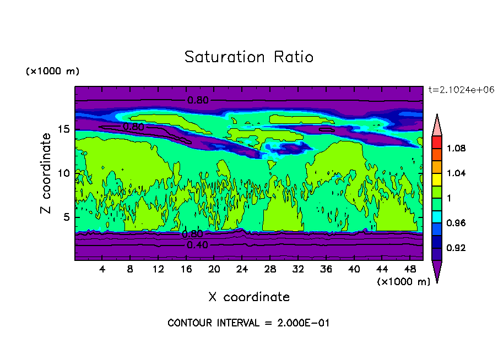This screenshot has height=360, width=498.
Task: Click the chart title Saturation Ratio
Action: point(249,57)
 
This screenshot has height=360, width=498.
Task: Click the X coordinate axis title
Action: point(249,297)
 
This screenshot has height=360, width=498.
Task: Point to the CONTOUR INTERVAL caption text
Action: point(248,323)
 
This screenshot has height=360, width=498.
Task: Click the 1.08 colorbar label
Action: point(456,149)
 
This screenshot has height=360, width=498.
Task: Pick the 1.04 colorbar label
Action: point(456,173)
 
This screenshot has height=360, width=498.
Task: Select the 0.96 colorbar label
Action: point(456,223)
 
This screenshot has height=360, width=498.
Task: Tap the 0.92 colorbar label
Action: point(456,248)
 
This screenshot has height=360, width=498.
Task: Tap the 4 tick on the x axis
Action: point(102,269)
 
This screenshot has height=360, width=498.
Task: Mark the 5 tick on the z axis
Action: point(66,217)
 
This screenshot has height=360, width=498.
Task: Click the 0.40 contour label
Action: point(197,245)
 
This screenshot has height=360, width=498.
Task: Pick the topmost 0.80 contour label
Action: point(198,100)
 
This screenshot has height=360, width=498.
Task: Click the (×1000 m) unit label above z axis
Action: point(52,72)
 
